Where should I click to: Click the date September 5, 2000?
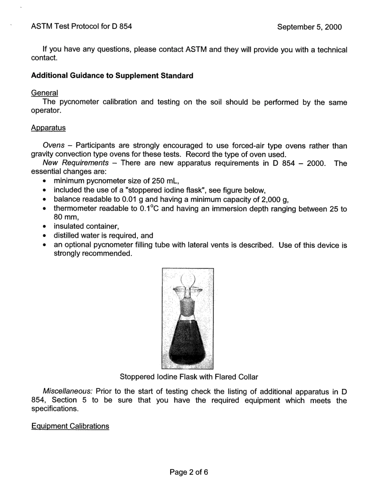click(309, 27)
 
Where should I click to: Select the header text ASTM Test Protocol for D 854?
click(81, 27)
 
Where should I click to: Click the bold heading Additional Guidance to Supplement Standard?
click(112, 76)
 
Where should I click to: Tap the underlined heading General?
click(45, 93)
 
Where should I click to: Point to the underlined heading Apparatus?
click(48, 128)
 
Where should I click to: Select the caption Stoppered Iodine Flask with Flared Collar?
click(189, 377)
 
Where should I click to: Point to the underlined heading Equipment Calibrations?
click(70, 426)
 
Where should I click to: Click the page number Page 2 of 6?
click(189, 472)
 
